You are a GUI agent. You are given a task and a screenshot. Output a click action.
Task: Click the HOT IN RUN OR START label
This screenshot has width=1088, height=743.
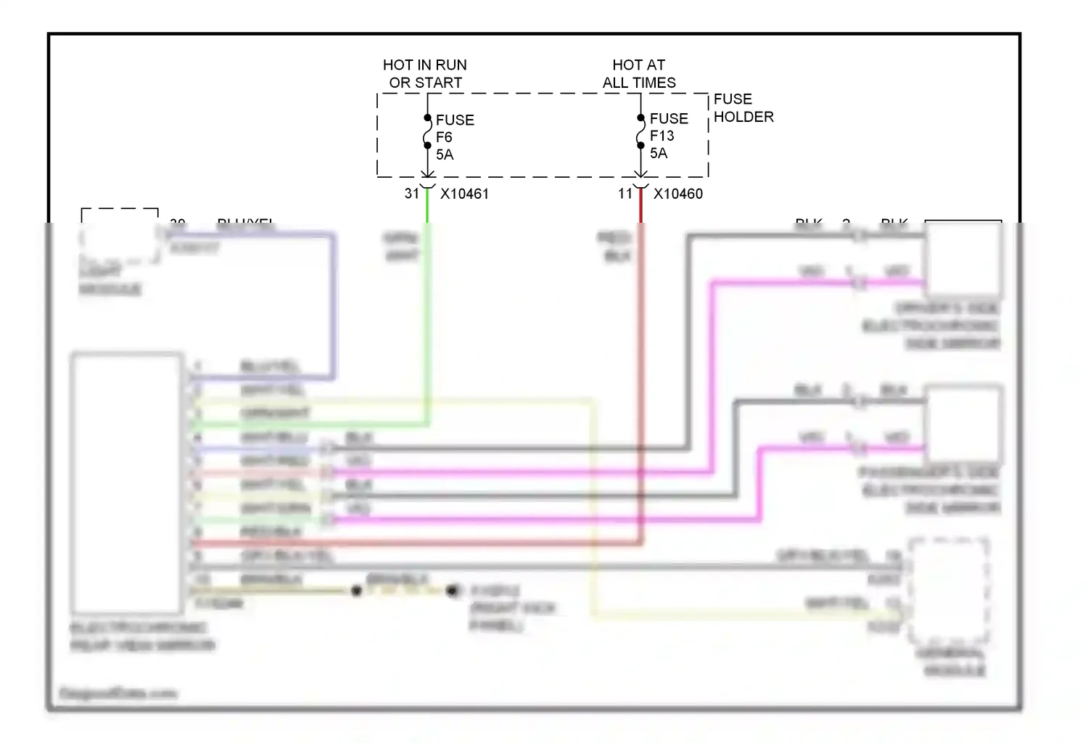(x=425, y=74)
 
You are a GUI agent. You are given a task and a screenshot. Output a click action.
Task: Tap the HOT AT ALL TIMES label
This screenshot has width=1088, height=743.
(x=639, y=74)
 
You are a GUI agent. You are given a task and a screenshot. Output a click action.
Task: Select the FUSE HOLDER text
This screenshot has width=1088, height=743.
(x=743, y=108)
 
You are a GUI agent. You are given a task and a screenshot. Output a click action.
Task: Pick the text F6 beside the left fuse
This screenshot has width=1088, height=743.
(x=444, y=137)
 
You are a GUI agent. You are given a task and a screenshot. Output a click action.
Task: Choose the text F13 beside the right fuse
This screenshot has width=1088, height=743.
(x=662, y=136)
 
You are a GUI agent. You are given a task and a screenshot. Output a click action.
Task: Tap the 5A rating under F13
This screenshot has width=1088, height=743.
(x=659, y=153)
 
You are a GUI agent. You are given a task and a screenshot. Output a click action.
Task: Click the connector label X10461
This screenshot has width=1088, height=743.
(x=464, y=194)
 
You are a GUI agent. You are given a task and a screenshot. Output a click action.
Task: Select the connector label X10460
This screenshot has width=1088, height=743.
(x=678, y=194)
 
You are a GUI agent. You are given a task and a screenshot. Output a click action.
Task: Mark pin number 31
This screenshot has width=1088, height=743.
(x=412, y=194)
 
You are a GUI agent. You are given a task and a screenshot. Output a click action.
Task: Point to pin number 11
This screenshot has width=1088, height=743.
(x=625, y=194)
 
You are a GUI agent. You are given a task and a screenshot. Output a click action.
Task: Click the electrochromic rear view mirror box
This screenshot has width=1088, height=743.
(x=126, y=483)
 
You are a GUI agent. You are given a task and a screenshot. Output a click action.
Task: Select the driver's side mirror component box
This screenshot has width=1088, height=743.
(x=963, y=259)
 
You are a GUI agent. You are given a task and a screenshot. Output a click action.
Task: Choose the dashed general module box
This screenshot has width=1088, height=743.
(x=948, y=591)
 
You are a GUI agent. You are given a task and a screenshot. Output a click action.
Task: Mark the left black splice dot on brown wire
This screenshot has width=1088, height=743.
(x=356, y=591)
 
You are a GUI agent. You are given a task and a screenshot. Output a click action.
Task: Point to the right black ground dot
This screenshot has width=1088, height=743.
(x=452, y=591)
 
